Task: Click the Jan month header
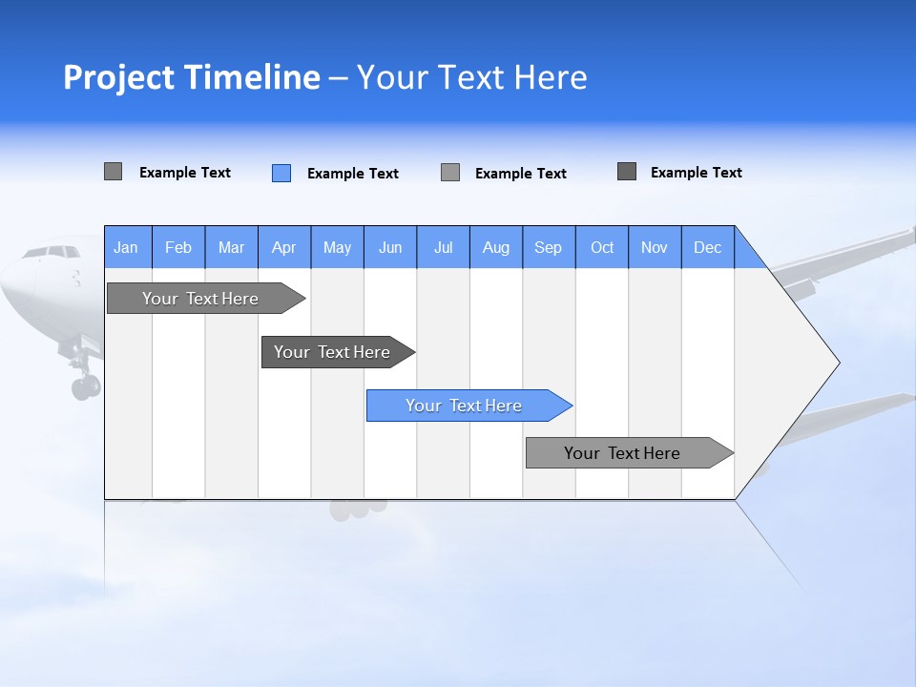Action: tap(127, 247)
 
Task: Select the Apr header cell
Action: tap(284, 247)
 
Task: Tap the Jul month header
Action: tap(444, 247)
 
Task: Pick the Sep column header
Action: tap(549, 247)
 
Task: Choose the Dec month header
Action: tap(708, 247)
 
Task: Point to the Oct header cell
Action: tap(602, 247)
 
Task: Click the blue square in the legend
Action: tap(281, 173)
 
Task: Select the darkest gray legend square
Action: tap(627, 172)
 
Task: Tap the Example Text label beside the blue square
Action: tap(353, 174)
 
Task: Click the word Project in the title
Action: tap(119, 77)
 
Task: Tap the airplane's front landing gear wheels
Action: tap(85, 386)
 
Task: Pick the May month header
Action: tap(337, 247)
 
